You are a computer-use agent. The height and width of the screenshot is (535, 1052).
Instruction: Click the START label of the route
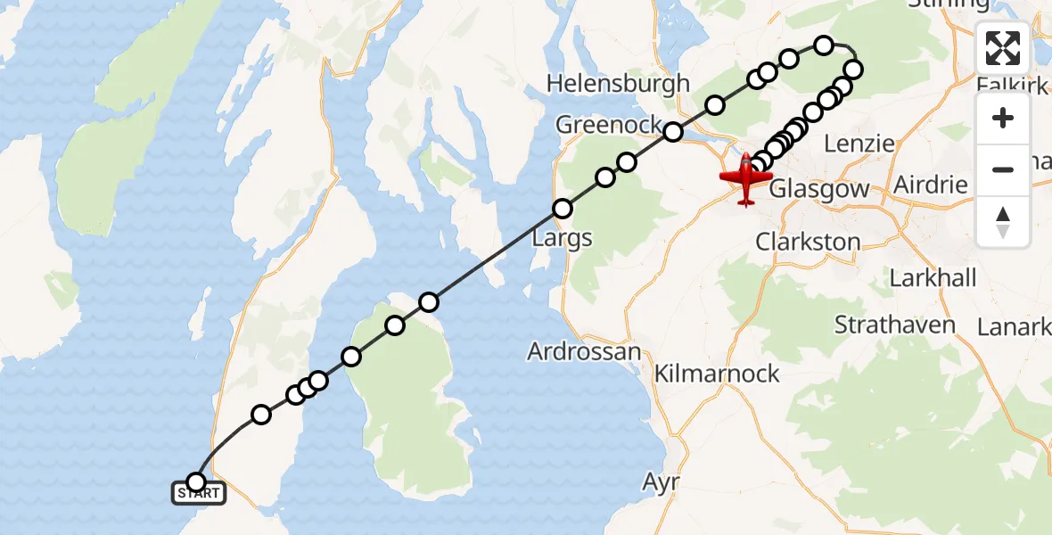click(x=198, y=492)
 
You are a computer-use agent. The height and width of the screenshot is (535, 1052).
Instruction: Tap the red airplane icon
click(x=745, y=177)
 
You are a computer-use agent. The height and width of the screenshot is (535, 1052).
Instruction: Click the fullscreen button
click(x=1003, y=48)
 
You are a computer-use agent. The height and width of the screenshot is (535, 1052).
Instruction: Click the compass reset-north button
click(x=1003, y=222)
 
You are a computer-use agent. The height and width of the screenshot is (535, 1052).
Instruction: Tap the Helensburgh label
click(x=618, y=84)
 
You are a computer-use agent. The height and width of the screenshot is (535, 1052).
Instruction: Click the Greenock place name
click(x=609, y=125)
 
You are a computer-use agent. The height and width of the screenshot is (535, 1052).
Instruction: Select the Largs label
click(x=562, y=238)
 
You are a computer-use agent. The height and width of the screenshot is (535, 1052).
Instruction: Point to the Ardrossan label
click(x=584, y=351)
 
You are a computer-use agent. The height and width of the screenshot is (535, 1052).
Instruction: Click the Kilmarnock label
click(x=717, y=374)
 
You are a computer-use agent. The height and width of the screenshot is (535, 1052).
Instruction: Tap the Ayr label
click(x=662, y=482)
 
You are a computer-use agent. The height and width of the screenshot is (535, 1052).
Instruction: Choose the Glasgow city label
click(x=818, y=189)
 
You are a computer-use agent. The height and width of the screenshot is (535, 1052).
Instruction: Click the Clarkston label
click(x=808, y=242)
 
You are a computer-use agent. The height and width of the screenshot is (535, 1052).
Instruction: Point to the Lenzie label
click(x=859, y=144)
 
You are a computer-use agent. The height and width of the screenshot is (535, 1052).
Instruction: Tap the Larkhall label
click(x=933, y=277)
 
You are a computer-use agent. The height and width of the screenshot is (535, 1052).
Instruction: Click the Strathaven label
click(x=895, y=325)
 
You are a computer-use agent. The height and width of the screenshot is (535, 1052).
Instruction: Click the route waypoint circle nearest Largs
click(x=563, y=210)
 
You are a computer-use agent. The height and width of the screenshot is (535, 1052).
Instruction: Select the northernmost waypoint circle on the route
click(x=824, y=45)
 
